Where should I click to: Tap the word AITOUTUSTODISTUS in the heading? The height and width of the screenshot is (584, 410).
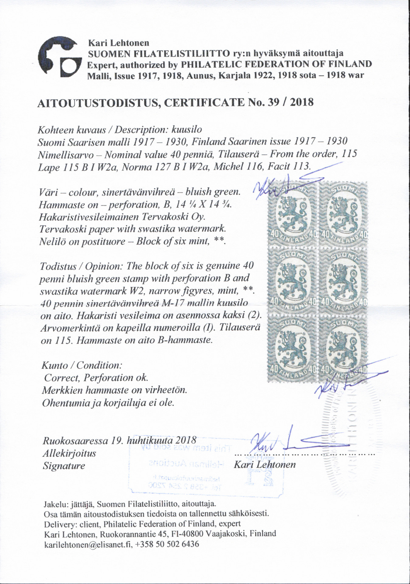(97, 103)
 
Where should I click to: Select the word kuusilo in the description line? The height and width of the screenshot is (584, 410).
(187, 130)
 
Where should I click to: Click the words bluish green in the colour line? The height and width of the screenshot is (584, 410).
(213, 192)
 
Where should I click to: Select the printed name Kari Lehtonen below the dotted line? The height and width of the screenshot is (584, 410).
(264, 464)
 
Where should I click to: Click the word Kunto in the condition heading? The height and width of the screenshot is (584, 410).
(55, 365)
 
